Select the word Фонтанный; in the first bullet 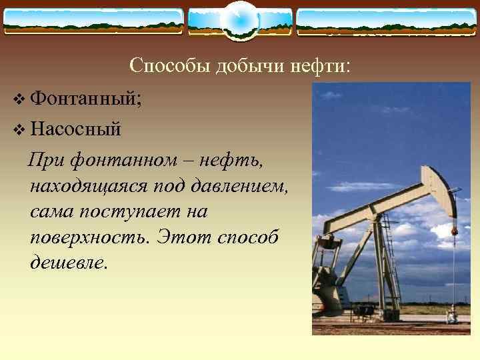pyautogui.click(x=86, y=101)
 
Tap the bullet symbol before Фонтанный pyautogui.click(x=17, y=101)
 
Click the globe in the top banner pyautogui.click(x=239, y=19)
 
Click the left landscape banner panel pyautogui.click(x=93, y=21)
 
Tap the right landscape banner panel pyautogui.click(x=386, y=21)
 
